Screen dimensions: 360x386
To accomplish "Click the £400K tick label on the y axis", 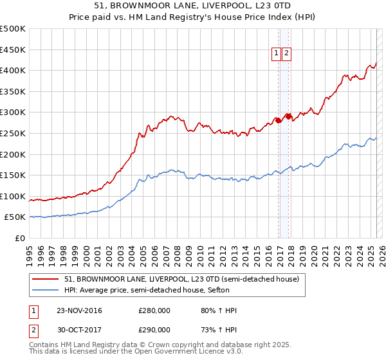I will click(13, 70).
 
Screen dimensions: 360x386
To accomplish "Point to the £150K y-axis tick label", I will click(13, 175).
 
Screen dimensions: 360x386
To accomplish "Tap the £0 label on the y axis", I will click(19, 238).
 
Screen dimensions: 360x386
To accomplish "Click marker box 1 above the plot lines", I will click(276, 54).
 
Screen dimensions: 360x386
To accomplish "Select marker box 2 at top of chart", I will click(286, 54).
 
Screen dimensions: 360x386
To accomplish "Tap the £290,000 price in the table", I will click(154, 329).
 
